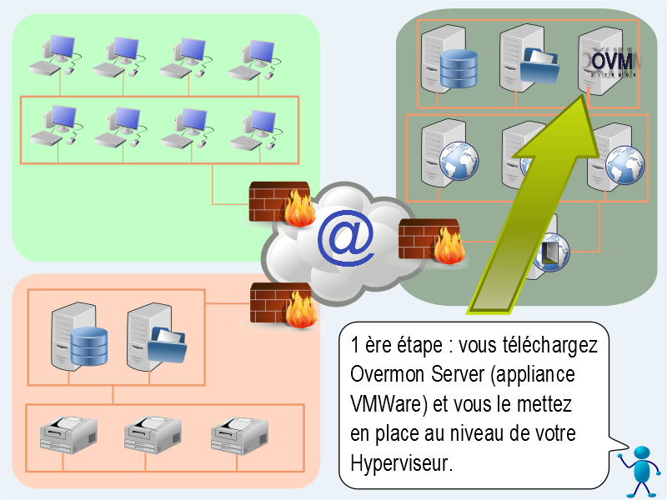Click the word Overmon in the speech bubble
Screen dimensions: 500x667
point(385,374)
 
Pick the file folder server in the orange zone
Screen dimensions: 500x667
point(154,338)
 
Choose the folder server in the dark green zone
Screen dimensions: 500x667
point(527,59)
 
